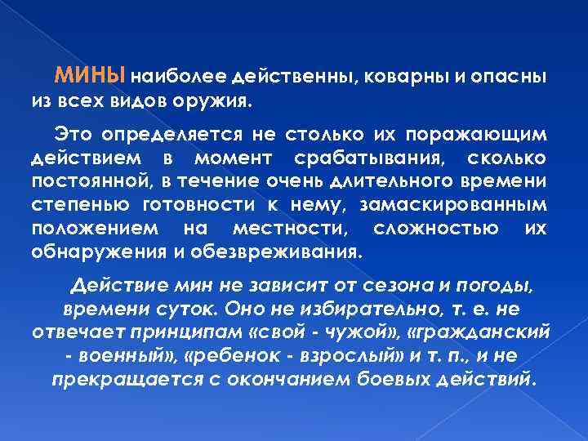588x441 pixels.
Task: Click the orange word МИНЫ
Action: pos(90,77)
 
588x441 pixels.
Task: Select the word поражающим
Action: pos(488,133)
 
